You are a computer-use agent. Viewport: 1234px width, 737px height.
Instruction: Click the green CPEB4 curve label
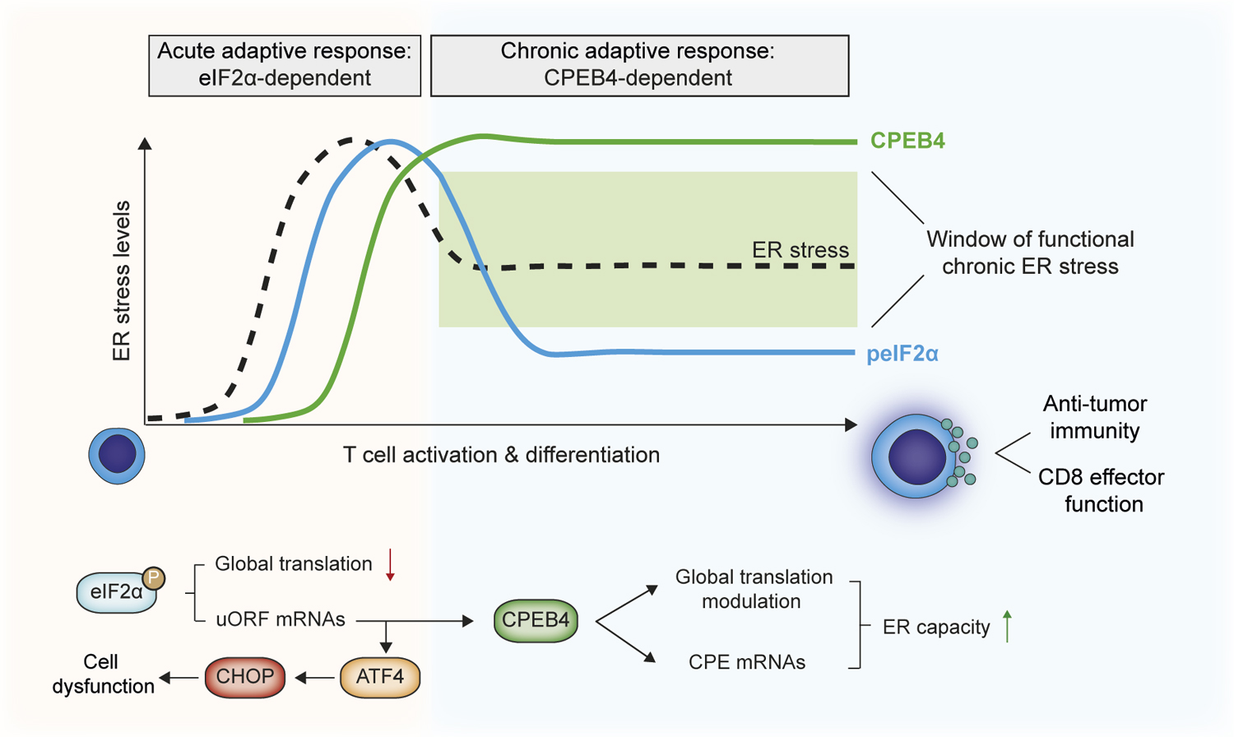[907, 141]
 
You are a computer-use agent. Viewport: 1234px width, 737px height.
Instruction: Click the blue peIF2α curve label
[902, 354]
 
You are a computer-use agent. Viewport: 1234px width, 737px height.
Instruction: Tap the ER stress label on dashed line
[800, 250]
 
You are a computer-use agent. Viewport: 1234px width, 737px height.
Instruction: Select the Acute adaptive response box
[285, 65]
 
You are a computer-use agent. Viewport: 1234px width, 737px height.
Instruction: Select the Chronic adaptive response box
[639, 65]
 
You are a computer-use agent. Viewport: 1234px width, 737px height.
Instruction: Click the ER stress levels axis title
[122, 281]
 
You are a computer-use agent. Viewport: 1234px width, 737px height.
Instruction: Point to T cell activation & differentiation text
[501, 455]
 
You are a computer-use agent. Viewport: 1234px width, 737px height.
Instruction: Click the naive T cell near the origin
[117, 455]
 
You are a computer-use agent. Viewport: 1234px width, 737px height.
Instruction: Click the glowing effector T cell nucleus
[916, 457]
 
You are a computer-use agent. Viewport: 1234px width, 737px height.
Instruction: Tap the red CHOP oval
[245, 677]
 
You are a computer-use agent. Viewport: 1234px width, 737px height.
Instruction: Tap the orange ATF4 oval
[380, 677]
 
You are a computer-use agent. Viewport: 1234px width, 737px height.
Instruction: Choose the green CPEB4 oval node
[536, 620]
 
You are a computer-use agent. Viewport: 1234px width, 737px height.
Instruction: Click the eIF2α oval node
[116, 592]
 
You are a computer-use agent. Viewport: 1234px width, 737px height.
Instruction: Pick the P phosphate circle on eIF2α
[153, 578]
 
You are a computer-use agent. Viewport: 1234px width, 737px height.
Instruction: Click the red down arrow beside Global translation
[391, 565]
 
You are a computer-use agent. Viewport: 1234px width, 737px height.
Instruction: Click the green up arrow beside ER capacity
[1008, 627]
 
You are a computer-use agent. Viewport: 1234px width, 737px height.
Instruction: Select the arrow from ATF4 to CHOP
[313, 678]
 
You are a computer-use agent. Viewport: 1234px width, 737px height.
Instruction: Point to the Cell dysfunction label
[103, 674]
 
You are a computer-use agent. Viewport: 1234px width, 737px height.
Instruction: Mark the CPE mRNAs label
[747, 662]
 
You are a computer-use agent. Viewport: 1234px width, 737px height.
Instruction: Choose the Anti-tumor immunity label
[1094, 417]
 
